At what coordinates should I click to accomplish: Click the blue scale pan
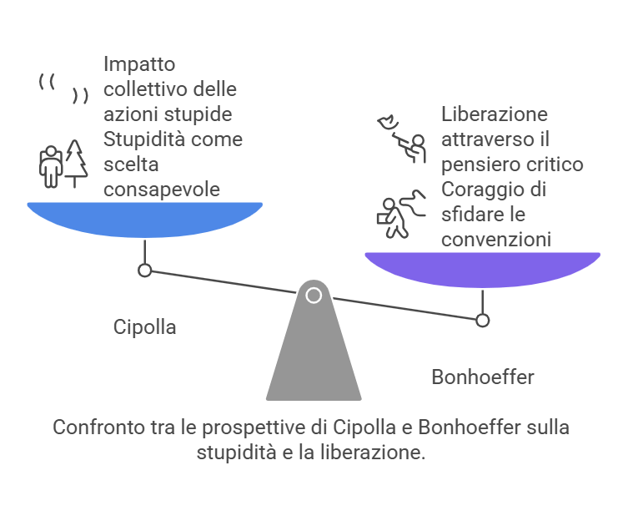(x=144, y=219)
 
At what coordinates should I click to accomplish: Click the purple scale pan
(x=482, y=268)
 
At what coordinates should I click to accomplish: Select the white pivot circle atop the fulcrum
(x=314, y=295)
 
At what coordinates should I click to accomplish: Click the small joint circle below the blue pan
(x=144, y=271)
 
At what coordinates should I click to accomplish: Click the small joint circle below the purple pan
(x=482, y=320)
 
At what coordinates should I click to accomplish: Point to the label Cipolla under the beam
(x=144, y=326)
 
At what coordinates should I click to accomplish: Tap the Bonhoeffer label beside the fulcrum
(x=482, y=377)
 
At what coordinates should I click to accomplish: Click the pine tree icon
(x=77, y=162)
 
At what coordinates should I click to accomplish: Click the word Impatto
(x=140, y=63)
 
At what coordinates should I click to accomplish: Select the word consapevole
(x=162, y=190)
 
